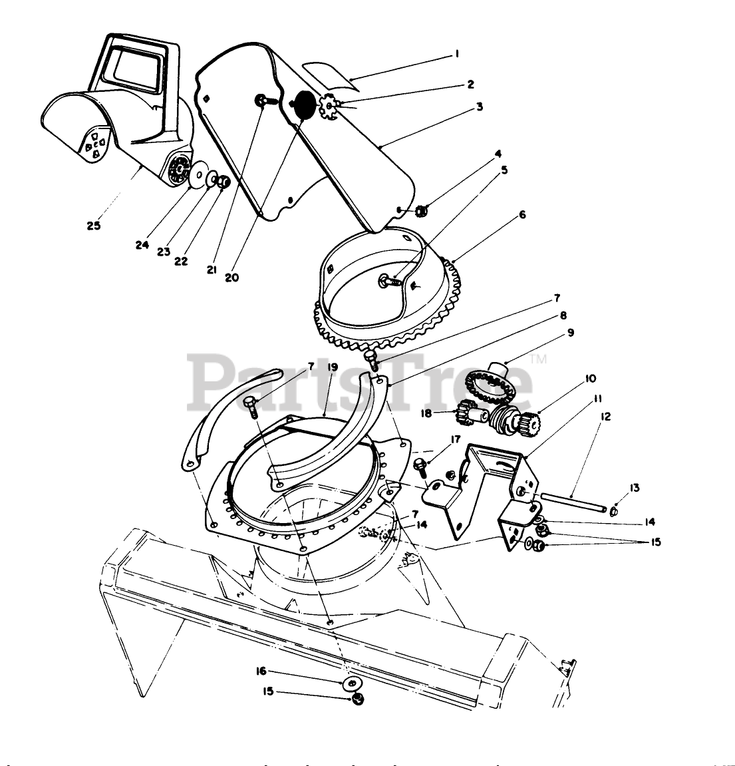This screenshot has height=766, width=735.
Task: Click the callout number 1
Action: click(x=457, y=54)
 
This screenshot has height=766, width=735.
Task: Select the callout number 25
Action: click(x=93, y=226)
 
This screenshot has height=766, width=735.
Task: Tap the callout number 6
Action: click(x=522, y=215)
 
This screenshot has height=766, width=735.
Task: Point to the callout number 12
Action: click(x=604, y=417)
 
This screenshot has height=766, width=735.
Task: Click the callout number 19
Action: click(x=333, y=367)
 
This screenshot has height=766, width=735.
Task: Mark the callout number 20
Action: click(x=231, y=278)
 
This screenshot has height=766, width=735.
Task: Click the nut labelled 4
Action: click(x=420, y=211)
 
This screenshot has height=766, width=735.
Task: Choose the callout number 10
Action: click(x=590, y=379)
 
